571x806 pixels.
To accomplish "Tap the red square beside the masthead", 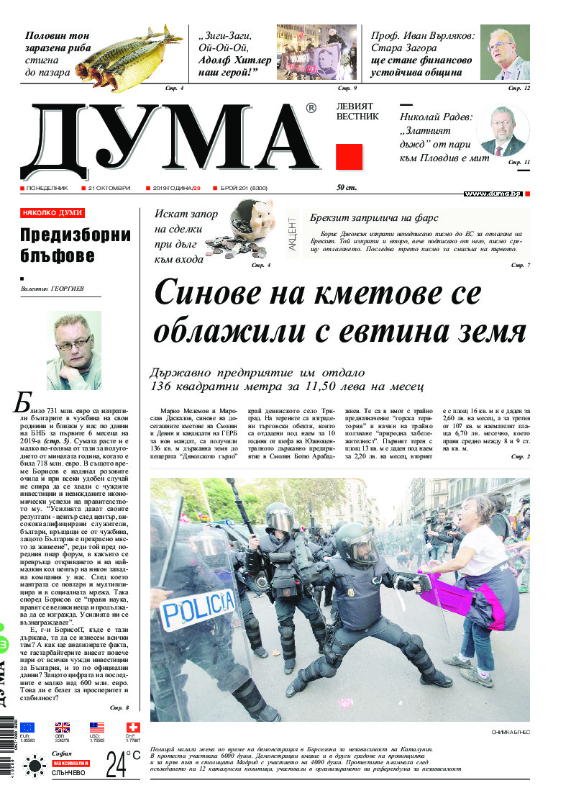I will click(x=349, y=156).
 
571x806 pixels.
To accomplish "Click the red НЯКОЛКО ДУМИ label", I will click(x=52, y=213).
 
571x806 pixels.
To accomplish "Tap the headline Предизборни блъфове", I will click(x=75, y=245).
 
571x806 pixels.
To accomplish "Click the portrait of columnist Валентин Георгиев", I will click(x=73, y=350).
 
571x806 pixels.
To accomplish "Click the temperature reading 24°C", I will click(x=123, y=764).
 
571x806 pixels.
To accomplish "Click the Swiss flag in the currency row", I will click(x=132, y=727).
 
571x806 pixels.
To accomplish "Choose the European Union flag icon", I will click(x=27, y=727).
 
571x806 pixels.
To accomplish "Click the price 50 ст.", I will click(x=347, y=188).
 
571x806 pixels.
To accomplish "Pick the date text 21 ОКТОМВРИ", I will click(x=109, y=188).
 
